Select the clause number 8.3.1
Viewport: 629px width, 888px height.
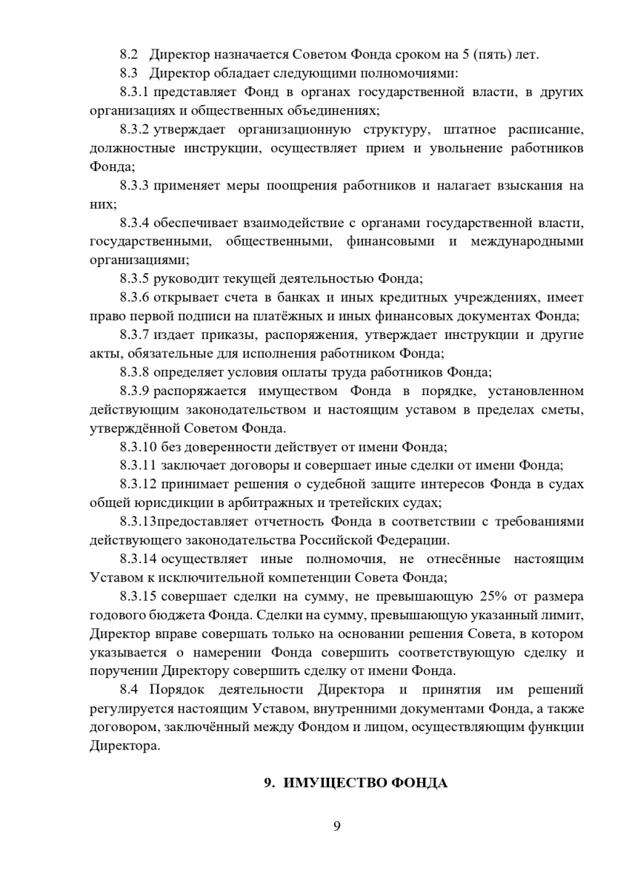[135, 92]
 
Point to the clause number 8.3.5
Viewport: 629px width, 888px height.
[135, 279]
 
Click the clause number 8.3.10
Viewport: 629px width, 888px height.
[138, 446]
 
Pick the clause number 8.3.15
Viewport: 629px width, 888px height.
[138, 596]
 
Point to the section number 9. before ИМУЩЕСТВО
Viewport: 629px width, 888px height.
[270, 783]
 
